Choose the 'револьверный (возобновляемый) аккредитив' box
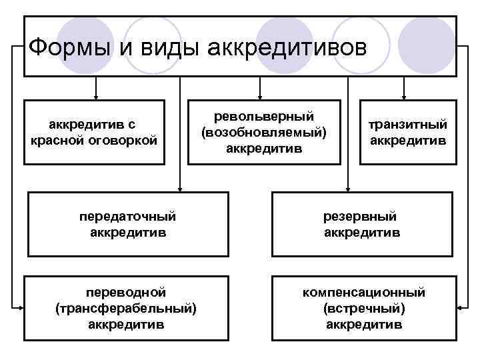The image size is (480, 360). pyautogui.click(x=264, y=132)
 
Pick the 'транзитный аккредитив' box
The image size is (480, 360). pyautogui.click(x=408, y=132)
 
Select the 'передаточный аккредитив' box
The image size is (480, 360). pyautogui.click(x=127, y=224)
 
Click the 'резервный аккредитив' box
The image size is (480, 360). pyautogui.click(x=362, y=224)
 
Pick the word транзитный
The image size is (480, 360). pyautogui.click(x=408, y=125)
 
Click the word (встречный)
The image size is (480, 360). pyautogui.click(x=363, y=308)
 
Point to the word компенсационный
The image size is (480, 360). pyautogui.click(x=363, y=293)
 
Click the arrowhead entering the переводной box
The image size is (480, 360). pyautogui.click(x=21, y=307)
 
